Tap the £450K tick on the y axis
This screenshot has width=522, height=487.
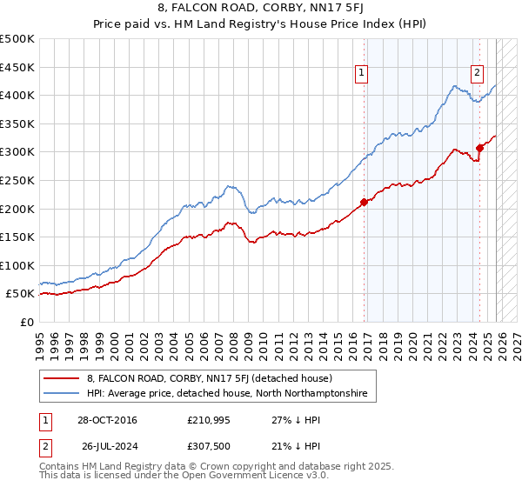coord(17,67)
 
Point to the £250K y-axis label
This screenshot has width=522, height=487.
coord(17,180)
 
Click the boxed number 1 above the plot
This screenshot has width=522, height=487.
coord(361,74)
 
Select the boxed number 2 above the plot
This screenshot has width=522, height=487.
coord(478,74)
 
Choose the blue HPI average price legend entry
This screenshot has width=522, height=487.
coord(226,394)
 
